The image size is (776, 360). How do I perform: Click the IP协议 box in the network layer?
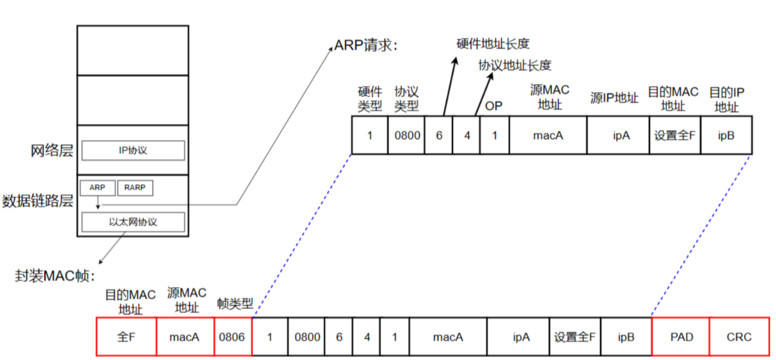[x=133, y=150]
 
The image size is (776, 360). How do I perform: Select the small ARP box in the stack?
[x=97, y=188]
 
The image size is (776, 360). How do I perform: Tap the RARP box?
[x=135, y=188]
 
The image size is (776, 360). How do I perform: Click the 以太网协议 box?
[x=133, y=222]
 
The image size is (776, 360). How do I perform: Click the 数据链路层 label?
[x=38, y=201]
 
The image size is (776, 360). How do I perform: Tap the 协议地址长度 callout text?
[x=515, y=65]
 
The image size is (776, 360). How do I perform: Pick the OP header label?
[x=494, y=106]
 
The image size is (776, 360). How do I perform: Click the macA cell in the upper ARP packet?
[x=548, y=134]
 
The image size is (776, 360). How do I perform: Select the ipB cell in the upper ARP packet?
[x=726, y=134]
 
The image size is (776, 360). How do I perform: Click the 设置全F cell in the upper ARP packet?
[x=674, y=134]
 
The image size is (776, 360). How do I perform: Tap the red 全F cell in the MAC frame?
[x=126, y=337]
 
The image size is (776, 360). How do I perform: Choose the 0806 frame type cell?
[x=232, y=337]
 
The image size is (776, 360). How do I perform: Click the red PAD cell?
[x=681, y=337]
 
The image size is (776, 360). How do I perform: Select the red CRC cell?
[x=739, y=337]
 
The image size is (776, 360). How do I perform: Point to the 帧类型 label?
[x=235, y=303]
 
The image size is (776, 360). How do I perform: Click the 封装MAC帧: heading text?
[x=55, y=275]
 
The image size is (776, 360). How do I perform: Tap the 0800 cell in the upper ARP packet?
[x=408, y=134]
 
